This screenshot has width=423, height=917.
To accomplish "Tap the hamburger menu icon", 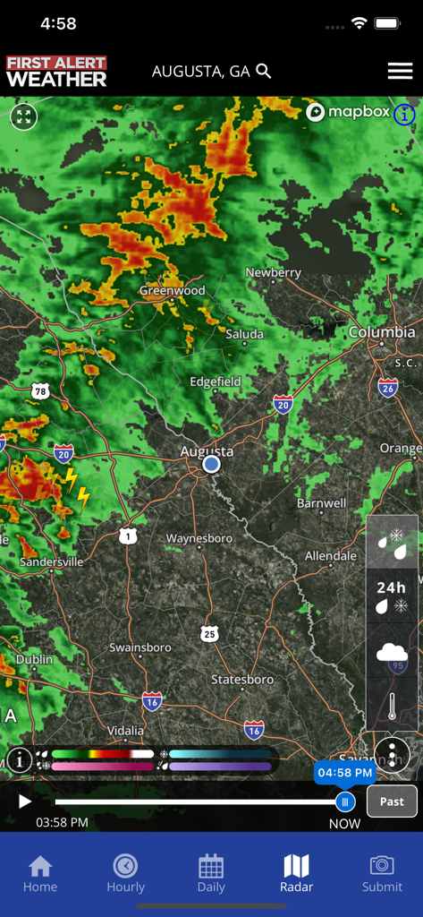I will pyautogui.click(x=400, y=72).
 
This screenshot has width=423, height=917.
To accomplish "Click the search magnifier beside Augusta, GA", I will pyautogui.click(x=264, y=71).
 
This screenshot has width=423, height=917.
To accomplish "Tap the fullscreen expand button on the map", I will pyautogui.click(x=24, y=116).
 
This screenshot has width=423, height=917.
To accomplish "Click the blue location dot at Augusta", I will pyautogui.click(x=211, y=464).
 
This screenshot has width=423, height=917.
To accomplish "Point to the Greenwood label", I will pyautogui.click(x=172, y=290).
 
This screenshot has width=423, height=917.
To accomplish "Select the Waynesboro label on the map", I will pyautogui.click(x=199, y=538).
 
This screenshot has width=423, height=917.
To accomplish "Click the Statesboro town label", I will pyautogui.click(x=241, y=680).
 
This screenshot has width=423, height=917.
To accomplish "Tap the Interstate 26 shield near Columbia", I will pyautogui.click(x=387, y=387).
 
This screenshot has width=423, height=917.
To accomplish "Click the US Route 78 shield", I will pyautogui.click(x=39, y=390).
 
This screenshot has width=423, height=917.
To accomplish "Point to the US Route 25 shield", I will pyautogui.click(x=209, y=634).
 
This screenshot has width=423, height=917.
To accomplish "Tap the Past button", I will pyautogui.click(x=392, y=801).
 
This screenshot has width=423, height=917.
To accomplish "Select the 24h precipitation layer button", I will pyautogui.click(x=392, y=596).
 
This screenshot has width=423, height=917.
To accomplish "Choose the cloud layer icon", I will pyautogui.click(x=392, y=652).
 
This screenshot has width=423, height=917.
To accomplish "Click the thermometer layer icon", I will pyautogui.click(x=392, y=706).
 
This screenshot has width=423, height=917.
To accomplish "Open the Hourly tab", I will pyautogui.click(x=125, y=873).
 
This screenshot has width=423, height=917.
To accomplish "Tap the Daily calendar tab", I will pyautogui.click(x=211, y=873).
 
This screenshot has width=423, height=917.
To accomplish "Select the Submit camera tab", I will pyautogui.click(x=382, y=873).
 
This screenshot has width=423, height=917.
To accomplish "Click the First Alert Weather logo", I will pyautogui.click(x=56, y=72).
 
